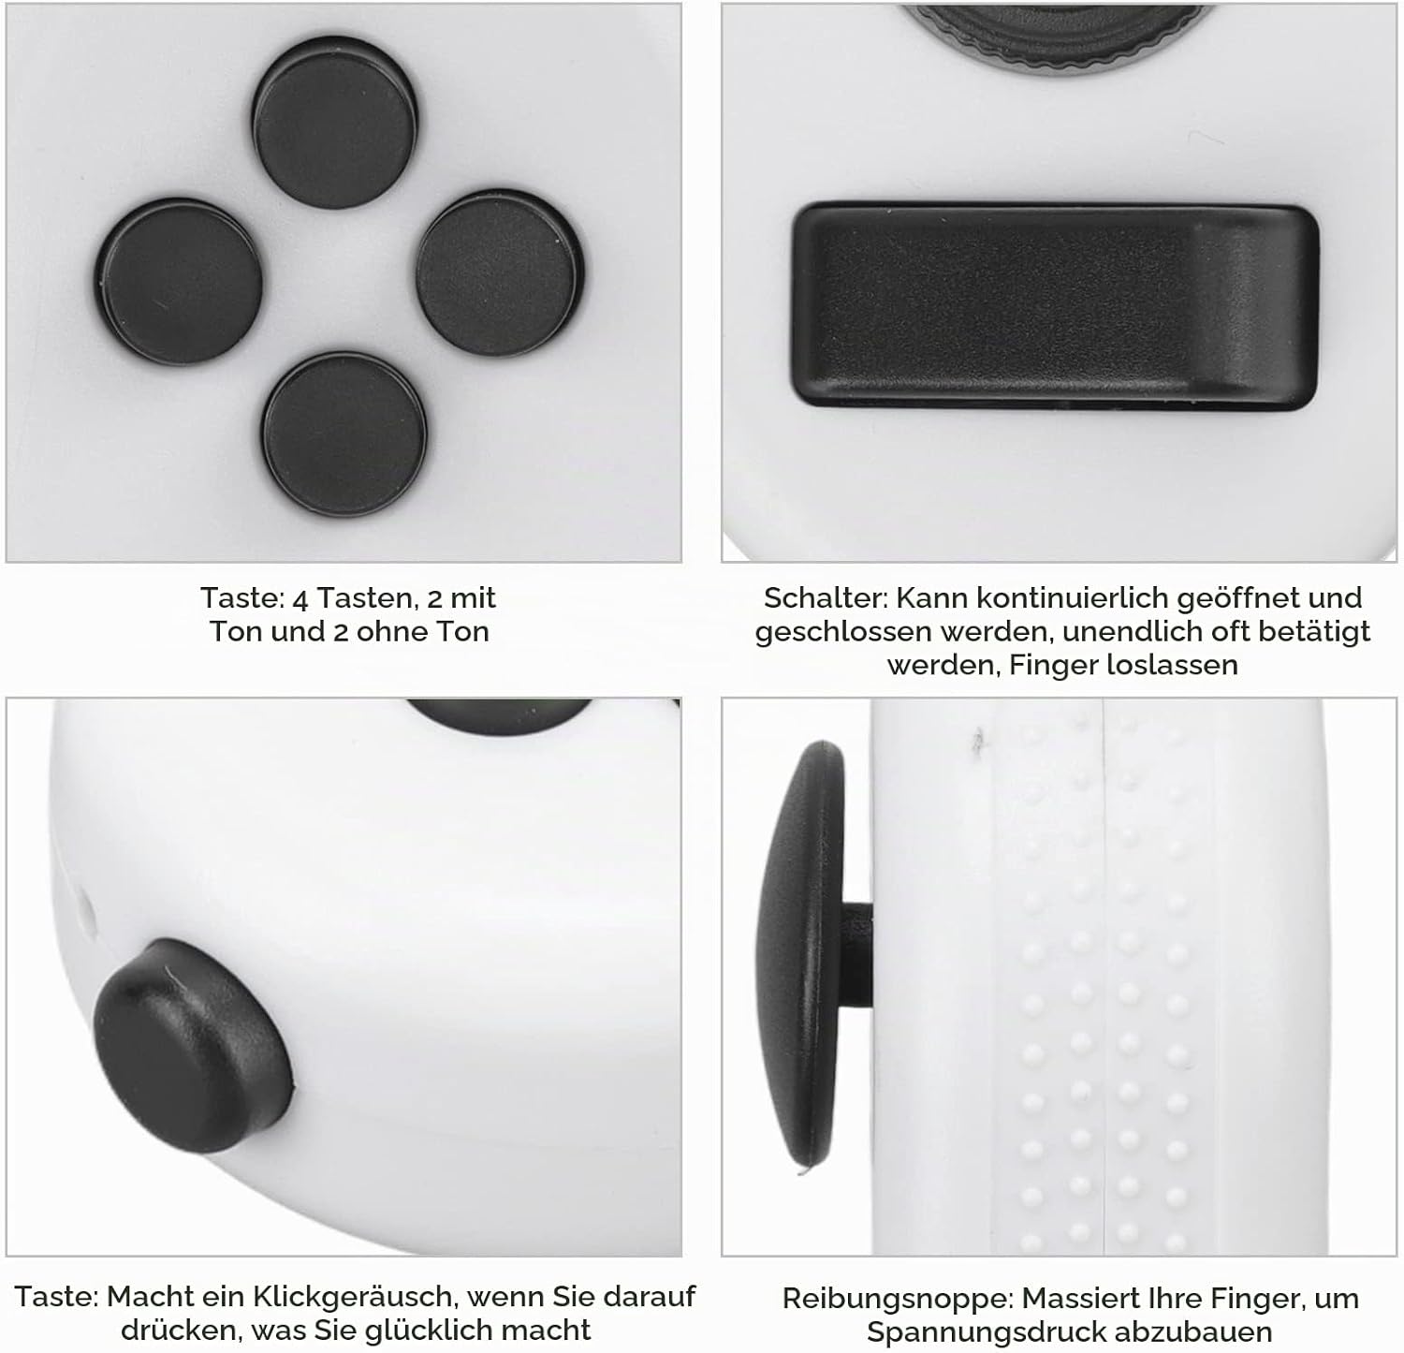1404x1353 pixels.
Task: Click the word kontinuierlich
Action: click(x=1064, y=597)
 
